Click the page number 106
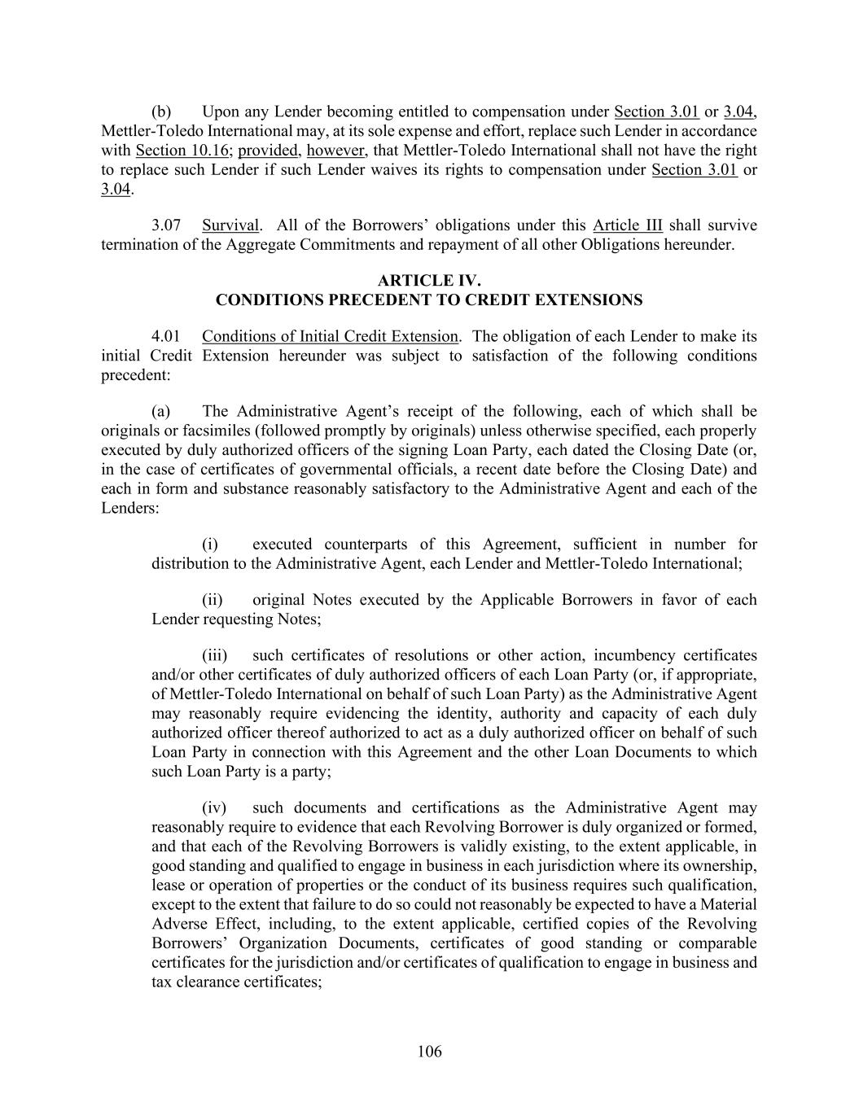point(429,1052)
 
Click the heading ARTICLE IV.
point(429,281)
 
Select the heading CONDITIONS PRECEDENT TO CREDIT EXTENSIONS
point(429,300)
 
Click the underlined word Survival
point(230,225)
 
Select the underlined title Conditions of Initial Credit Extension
point(330,336)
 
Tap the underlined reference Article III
point(627,225)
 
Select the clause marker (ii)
point(212,600)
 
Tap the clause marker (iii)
point(214,655)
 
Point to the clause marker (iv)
point(213,808)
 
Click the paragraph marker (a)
point(160,411)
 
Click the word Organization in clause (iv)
point(289,943)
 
